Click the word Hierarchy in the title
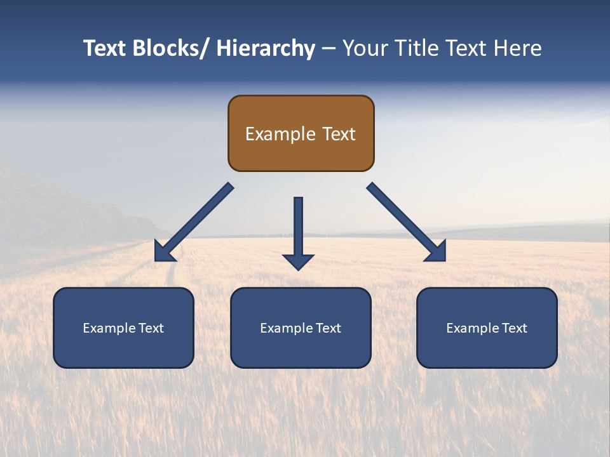[266, 48]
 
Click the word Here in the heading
[517, 48]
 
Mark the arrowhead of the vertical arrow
[298, 262]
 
